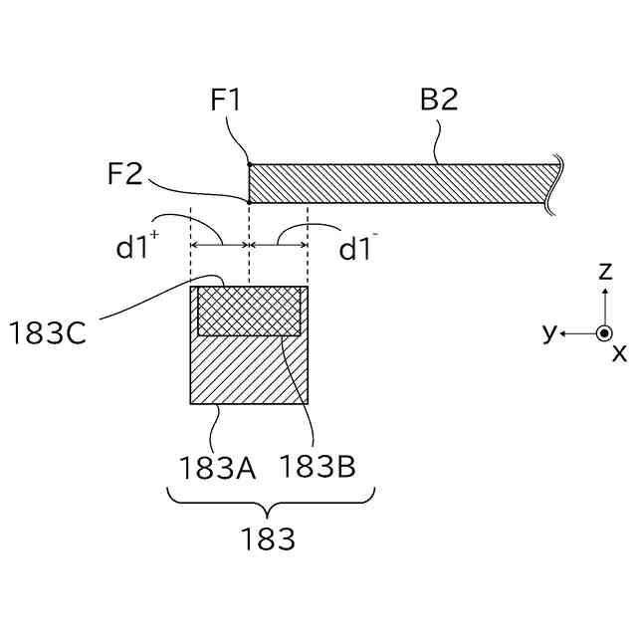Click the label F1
226,101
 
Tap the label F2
125,177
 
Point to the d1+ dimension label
136,247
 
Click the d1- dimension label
360,247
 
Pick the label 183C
47,331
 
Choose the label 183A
217,467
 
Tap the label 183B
318,467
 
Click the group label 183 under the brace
268,539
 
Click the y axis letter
548,331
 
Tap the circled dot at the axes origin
603,332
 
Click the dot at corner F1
248,164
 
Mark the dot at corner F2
248,201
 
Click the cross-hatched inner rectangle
249,311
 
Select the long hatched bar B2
398,183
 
